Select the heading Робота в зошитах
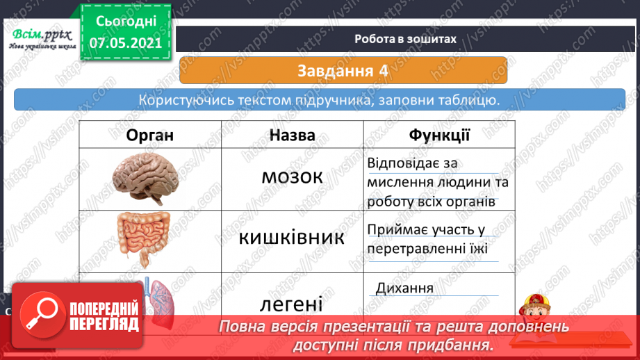coord(405,39)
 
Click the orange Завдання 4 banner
coord(343,70)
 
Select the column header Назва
coord(292,135)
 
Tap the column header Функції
coord(439,135)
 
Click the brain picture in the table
coord(147,177)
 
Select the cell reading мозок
coord(292,177)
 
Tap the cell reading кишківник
coord(292,238)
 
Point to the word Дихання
coord(404,288)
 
